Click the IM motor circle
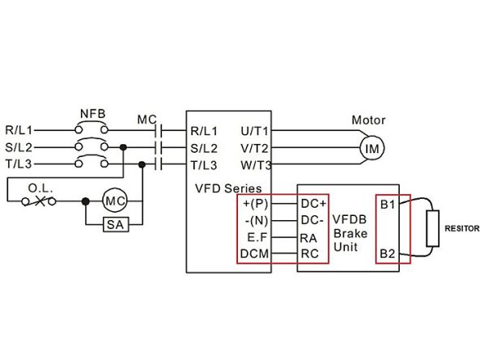coord(372,148)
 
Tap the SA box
coord(116,225)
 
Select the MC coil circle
coord(114,201)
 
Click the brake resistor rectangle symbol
coord(433,228)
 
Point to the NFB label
coord(92,114)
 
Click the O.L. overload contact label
coord(40,188)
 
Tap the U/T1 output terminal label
coord(254,131)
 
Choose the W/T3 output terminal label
coord(256,165)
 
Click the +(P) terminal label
coord(255,204)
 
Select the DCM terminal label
coord(254,253)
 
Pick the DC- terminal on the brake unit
coord(312,220)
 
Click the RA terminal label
coord(308,238)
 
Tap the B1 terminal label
coord(388,205)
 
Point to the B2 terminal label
coord(387,253)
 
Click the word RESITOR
coord(462,228)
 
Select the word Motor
coord(368,120)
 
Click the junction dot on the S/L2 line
coord(123,147)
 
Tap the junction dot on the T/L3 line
coord(142,164)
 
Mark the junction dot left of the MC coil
coord(86,201)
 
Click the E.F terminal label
coord(257,237)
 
